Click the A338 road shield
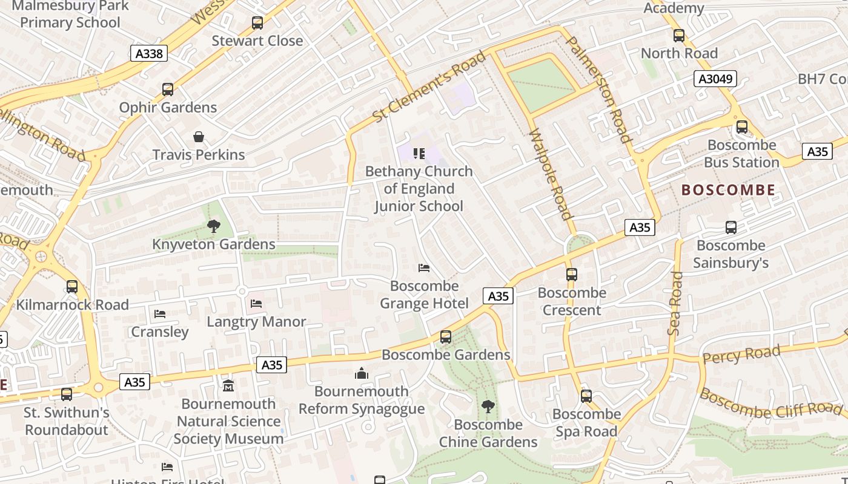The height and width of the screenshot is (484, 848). coord(149,54)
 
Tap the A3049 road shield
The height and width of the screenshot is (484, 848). coord(716,79)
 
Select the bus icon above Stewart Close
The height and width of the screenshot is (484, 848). coord(257,23)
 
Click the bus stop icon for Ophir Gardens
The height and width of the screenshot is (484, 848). coord(168,90)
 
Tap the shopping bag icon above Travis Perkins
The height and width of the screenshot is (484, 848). coord(199,137)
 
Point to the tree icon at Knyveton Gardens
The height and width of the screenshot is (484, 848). coord(213,227)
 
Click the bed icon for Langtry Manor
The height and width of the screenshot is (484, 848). coord(256,304)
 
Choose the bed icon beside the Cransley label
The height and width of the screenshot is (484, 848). coord(160,314)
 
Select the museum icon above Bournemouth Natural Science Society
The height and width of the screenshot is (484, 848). coord(228,385)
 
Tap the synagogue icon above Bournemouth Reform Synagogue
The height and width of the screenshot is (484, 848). coord(362,373)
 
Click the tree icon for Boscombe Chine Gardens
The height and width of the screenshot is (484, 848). coord(488,407)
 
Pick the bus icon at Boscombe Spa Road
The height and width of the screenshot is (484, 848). coord(586,396)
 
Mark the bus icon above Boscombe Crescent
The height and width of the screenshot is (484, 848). coord(572,275)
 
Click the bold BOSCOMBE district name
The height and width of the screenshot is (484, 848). coord(728,190)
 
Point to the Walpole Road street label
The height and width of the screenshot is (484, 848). coord(551,174)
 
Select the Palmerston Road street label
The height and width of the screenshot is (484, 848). coord(599,89)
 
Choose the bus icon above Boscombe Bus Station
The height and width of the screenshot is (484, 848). coord(742,127)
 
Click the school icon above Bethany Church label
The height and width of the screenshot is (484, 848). coord(419,154)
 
